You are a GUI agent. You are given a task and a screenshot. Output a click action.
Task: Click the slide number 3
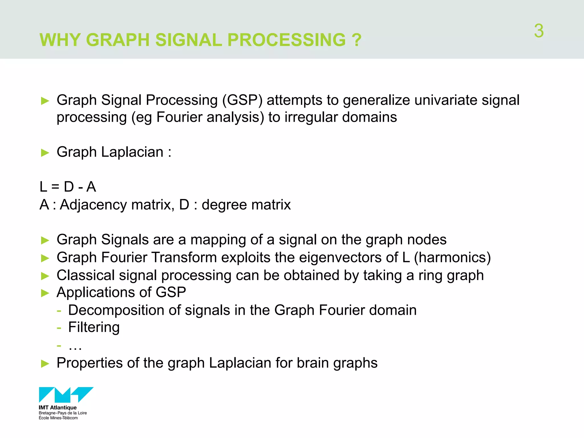click(x=539, y=31)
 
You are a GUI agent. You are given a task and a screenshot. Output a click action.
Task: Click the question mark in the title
click(x=356, y=40)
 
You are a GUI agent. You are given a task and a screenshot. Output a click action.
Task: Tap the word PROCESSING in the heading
click(x=286, y=40)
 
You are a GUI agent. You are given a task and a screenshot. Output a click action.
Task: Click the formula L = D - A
click(x=68, y=187)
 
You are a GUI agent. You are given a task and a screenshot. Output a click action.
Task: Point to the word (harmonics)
click(x=452, y=257)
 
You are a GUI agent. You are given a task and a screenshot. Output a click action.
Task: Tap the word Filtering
click(x=94, y=327)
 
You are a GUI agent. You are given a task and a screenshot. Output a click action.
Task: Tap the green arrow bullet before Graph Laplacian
click(x=45, y=153)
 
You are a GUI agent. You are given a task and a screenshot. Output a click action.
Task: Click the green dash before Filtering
click(x=59, y=328)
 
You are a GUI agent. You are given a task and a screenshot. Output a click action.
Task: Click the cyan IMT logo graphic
click(x=66, y=395)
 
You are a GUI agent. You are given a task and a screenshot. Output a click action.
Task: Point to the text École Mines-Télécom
click(x=58, y=418)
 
